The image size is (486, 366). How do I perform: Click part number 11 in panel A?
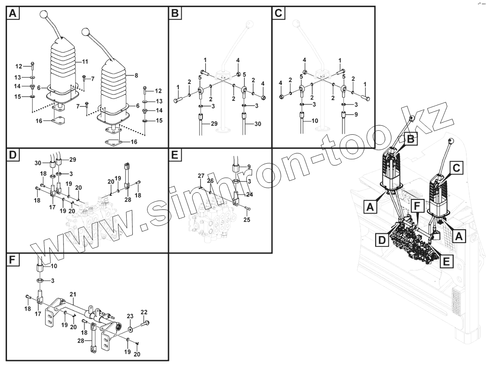(85, 62)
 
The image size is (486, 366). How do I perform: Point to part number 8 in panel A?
(135, 75)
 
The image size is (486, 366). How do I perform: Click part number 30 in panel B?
(257, 124)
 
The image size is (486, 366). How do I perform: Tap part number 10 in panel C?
(315, 121)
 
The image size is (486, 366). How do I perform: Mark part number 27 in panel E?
(201, 176)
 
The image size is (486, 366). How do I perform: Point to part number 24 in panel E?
(249, 195)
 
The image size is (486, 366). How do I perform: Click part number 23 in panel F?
(130, 316)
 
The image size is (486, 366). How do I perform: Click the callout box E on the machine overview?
(447, 260)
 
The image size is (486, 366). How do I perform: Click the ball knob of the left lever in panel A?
(44, 15)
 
